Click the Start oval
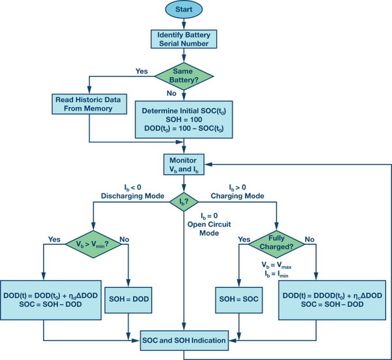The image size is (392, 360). pyautogui.click(x=184, y=9)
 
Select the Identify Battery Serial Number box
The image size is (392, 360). pyautogui.click(x=184, y=39)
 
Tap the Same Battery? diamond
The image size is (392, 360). pyautogui.click(x=184, y=76)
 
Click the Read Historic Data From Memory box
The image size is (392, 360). pyautogui.click(x=90, y=104)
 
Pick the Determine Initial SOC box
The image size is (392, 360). pyautogui.click(x=184, y=120)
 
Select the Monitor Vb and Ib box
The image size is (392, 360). pyautogui.click(x=184, y=164)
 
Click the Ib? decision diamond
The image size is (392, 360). pyautogui.click(x=184, y=202)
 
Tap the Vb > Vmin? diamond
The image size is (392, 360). pyautogui.click(x=93, y=244)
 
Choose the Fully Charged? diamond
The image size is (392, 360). pyautogui.click(x=276, y=244)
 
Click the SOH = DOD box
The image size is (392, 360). pyautogui.click(x=128, y=300)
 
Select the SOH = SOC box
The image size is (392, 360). pyautogui.click(x=238, y=300)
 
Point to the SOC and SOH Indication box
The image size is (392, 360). pyautogui.click(x=184, y=340)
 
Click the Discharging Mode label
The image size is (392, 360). pyautogui.click(x=133, y=196)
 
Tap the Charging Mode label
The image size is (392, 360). pyautogui.click(x=237, y=196)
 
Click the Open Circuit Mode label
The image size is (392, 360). pyautogui.click(x=209, y=229)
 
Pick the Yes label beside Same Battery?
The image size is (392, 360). pyautogui.click(x=142, y=71)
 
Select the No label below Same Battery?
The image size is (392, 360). pyautogui.click(x=171, y=93)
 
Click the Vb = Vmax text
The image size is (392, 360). pyautogui.click(x=276, y=265)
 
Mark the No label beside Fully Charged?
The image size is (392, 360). pyautogui.click(x=310, y=240)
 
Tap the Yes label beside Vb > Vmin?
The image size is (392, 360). pyautogui.click(x=54, y=240)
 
